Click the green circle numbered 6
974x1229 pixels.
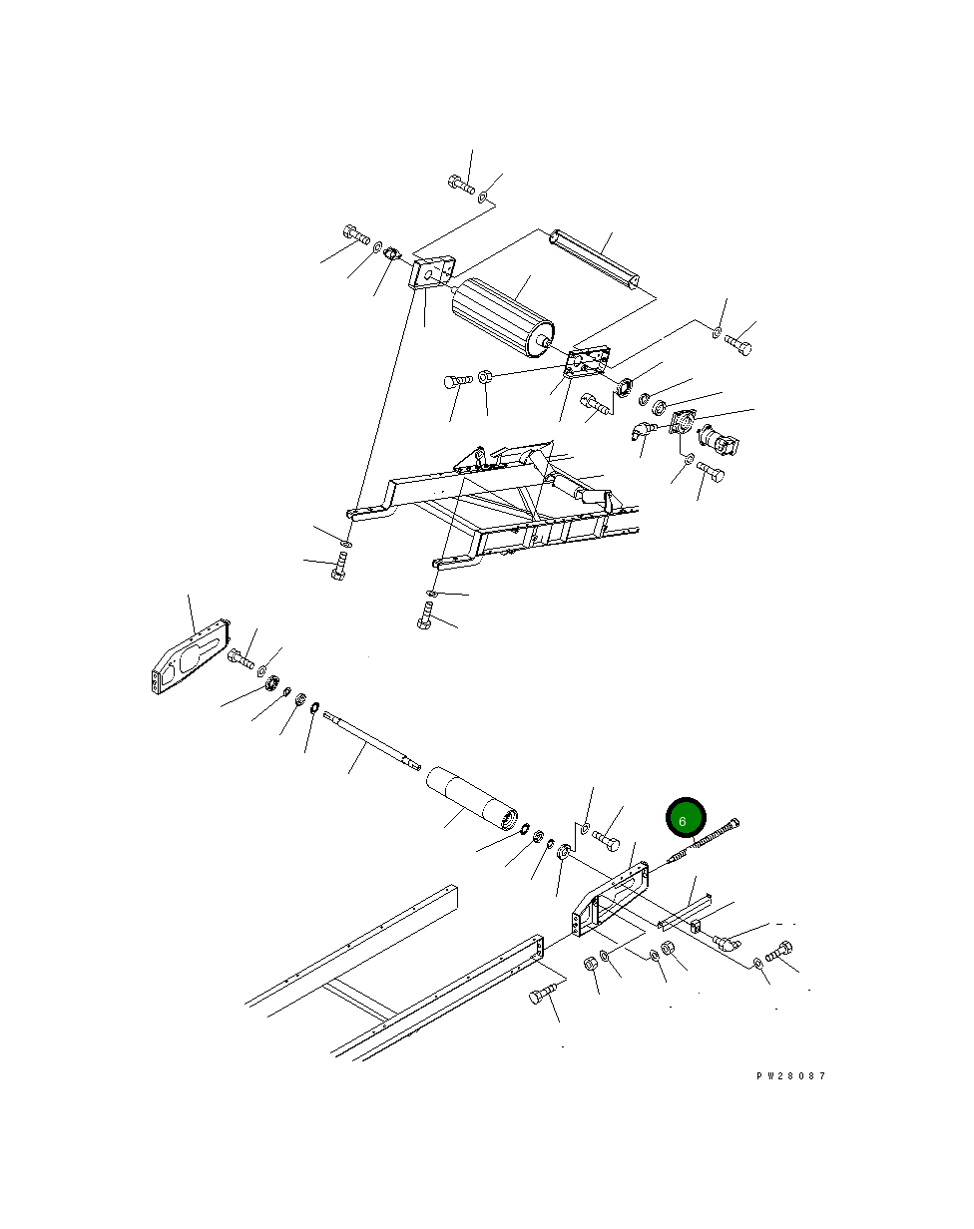(686, 818)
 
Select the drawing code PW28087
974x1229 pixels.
(790, 1076)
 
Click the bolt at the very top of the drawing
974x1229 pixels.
(461, 184)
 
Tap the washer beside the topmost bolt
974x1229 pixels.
(484, 198)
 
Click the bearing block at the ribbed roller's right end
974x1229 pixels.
(587, 363)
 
